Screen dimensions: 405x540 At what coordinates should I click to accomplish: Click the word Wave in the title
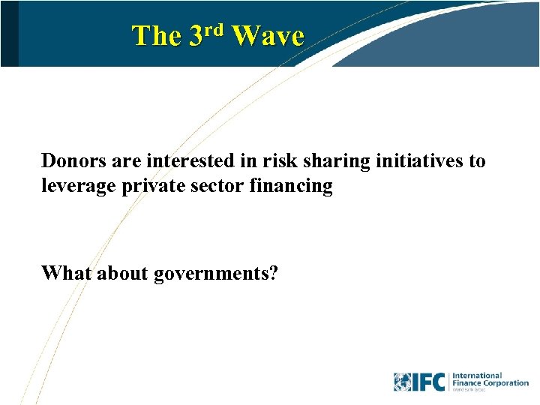[268, 36]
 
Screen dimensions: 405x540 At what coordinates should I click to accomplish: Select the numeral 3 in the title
[196, 36]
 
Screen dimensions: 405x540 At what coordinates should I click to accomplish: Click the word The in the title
[156, 36]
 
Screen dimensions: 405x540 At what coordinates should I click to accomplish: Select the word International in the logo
[477, 375]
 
